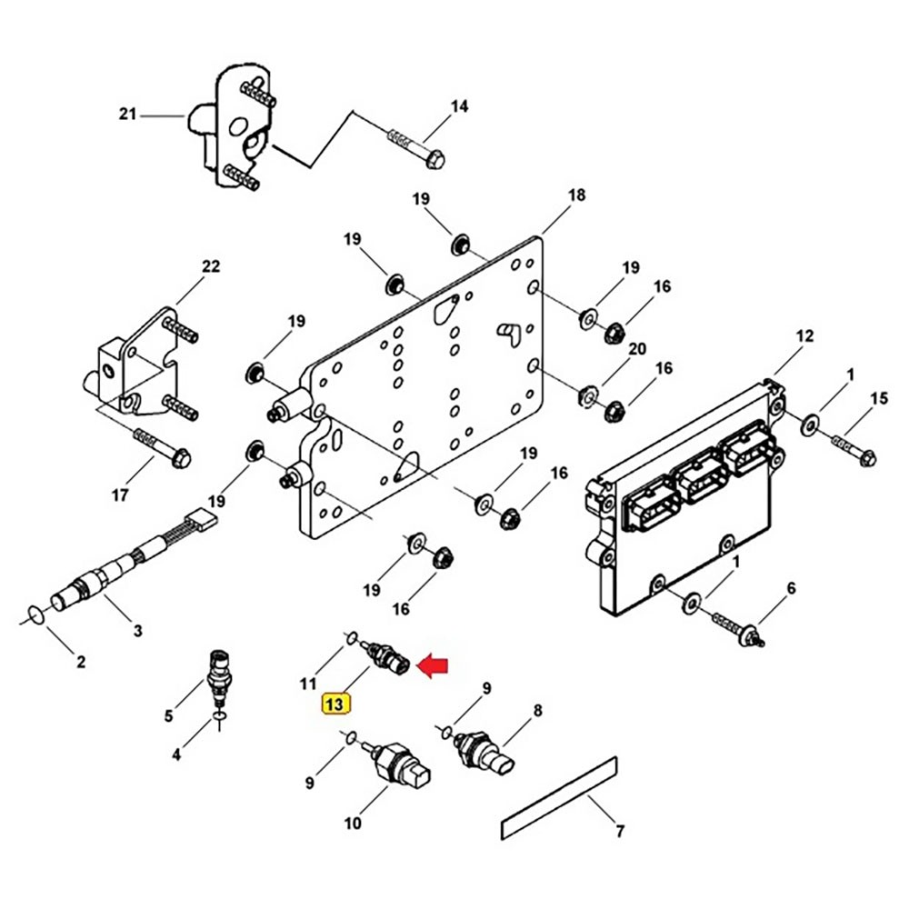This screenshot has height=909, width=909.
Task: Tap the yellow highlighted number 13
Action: coord(335,704)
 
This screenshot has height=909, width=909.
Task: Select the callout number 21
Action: coord(127,115)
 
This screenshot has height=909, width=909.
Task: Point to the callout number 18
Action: coord(576,195)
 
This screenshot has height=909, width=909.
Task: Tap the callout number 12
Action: coord(805,336)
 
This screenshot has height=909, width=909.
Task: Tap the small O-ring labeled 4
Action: coord(219,719)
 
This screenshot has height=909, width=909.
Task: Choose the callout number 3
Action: coord(137,630)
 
